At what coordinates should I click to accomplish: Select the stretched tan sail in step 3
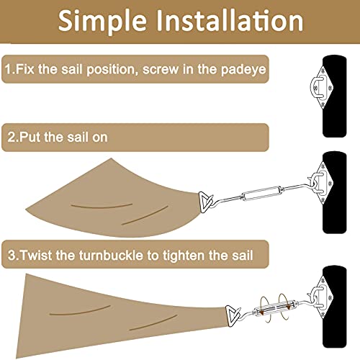pyautogui.click(x=101, y=310)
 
